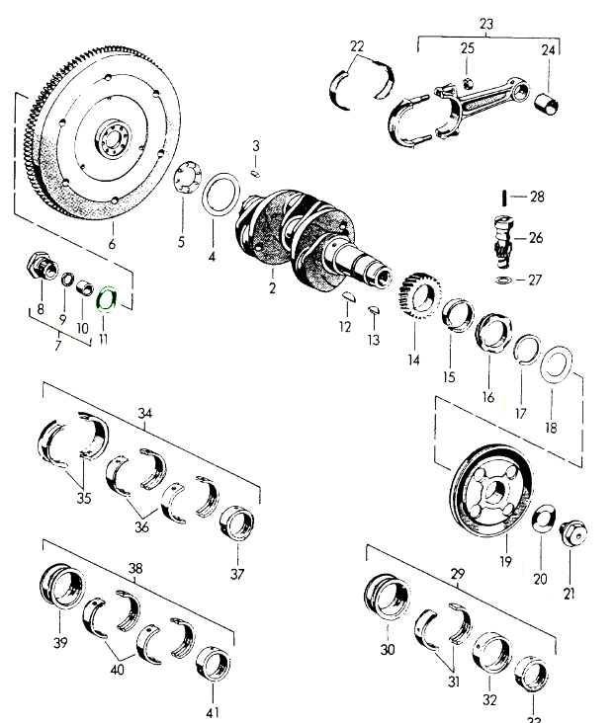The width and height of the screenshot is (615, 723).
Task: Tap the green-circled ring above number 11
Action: [107, 295]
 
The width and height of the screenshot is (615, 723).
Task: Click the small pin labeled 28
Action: [506, 197]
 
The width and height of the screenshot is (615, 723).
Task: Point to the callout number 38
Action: [135, 570]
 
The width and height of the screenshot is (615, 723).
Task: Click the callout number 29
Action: [458, 574]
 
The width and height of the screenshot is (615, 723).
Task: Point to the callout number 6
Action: [112, 244]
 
